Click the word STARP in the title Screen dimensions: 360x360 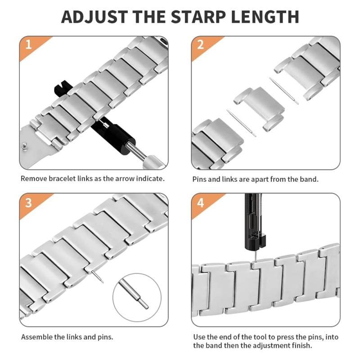point(198,17)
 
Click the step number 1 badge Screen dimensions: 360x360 point(28,45)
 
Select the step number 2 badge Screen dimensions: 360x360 point(200,45)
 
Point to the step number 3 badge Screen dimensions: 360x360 point(28,203)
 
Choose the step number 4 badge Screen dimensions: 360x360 point(200,203)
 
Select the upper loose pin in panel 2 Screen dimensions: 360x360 point(284,91)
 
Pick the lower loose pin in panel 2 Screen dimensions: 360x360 point(241,123)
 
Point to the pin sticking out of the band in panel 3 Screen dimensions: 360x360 point(97,276)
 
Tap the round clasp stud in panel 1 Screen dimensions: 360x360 point(25,146)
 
